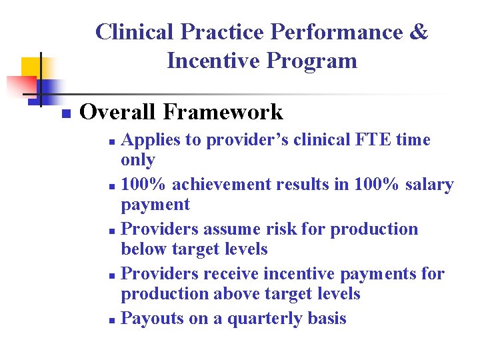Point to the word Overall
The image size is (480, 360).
(x=117, y=112)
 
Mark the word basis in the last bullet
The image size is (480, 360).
(x=327, y=319)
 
